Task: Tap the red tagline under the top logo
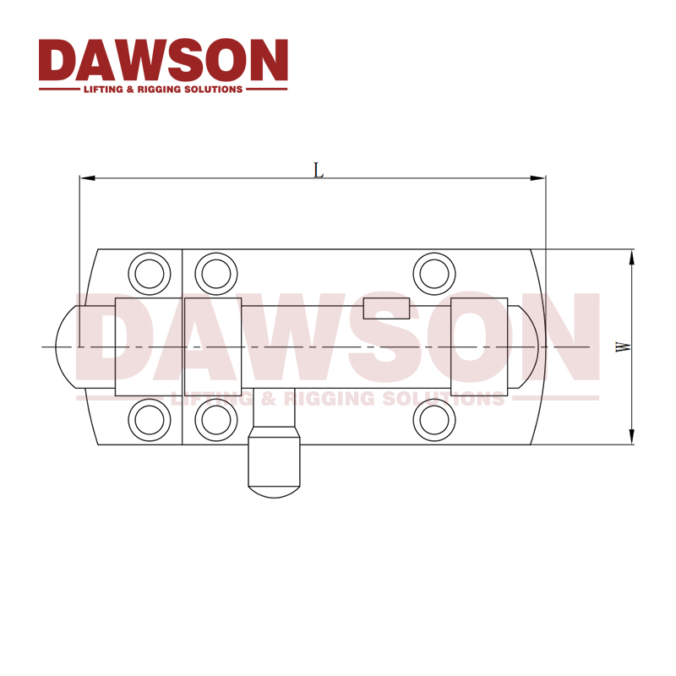[163, 89]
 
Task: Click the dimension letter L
[319, 171]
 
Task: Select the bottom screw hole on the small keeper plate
[147, 418]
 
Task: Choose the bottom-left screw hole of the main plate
[215, 418]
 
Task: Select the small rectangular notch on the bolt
[386, 308]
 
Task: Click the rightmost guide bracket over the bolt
[479, 346]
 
